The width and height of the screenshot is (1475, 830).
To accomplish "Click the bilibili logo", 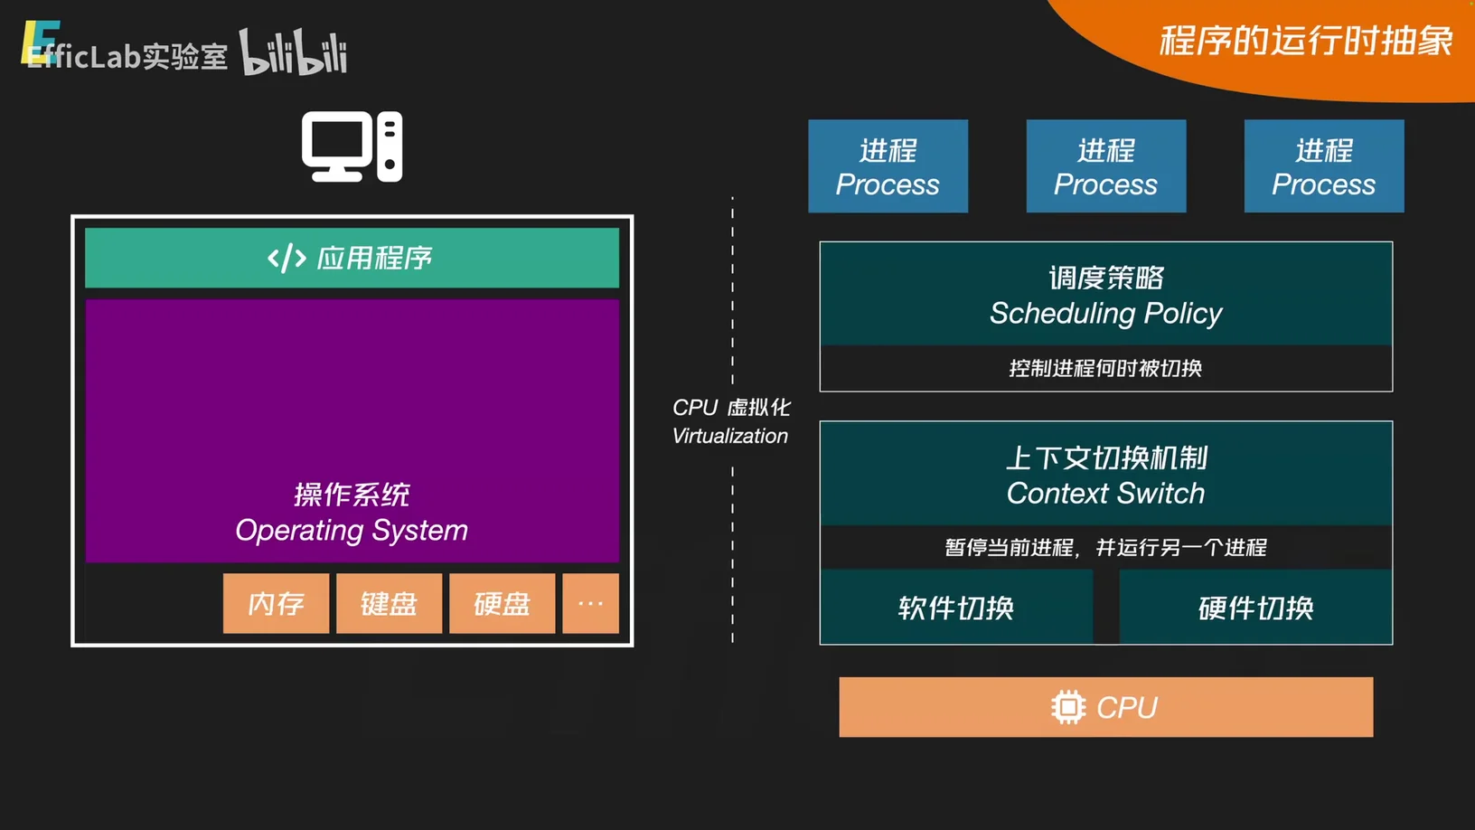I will (x=293, y=52).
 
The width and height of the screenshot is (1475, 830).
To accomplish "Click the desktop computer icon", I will (x=352, y=146).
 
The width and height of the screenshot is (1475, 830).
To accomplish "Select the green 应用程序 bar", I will (x=352, y=258).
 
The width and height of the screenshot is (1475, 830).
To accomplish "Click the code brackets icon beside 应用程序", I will (x=287, y=259).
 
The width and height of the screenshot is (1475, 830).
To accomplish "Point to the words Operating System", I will (x=352, y=530).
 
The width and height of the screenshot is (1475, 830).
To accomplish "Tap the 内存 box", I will (x=276, y=603).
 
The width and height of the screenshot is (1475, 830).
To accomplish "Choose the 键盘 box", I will (x=389, y=603).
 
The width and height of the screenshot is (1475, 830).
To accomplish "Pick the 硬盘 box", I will (x=502, y=603).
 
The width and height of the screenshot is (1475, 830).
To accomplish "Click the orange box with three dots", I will (x=590, y=603).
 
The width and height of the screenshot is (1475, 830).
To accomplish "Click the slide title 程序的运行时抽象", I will (x=1305, y=41).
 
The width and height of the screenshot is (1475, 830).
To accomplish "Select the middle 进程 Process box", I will (x=1105, y=166).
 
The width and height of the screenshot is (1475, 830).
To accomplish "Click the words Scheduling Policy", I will (x=1105, y=313).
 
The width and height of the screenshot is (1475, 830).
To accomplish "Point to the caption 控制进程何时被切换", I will (x=1105, y=368).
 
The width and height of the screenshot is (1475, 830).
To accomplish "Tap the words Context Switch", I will (x=1105, y=494).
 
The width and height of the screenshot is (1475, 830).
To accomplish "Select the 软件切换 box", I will (x=956, y=608).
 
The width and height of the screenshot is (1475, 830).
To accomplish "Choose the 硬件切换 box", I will (x=1255, y=608).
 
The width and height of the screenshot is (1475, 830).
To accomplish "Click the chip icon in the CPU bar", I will (x=1067, y=707).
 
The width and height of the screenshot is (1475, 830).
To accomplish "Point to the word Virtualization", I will (x=730, y=436).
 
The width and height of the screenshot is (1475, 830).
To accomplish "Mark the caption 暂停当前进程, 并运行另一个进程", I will (x=1105, y=547).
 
